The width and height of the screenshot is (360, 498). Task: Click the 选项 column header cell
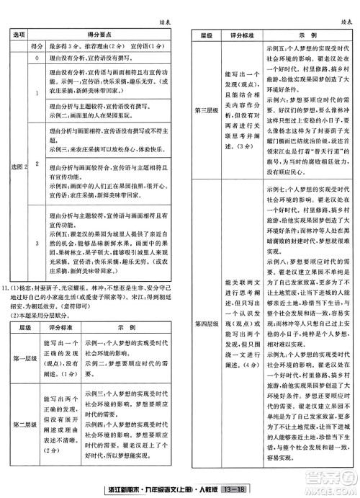click(x=19, y=34)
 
